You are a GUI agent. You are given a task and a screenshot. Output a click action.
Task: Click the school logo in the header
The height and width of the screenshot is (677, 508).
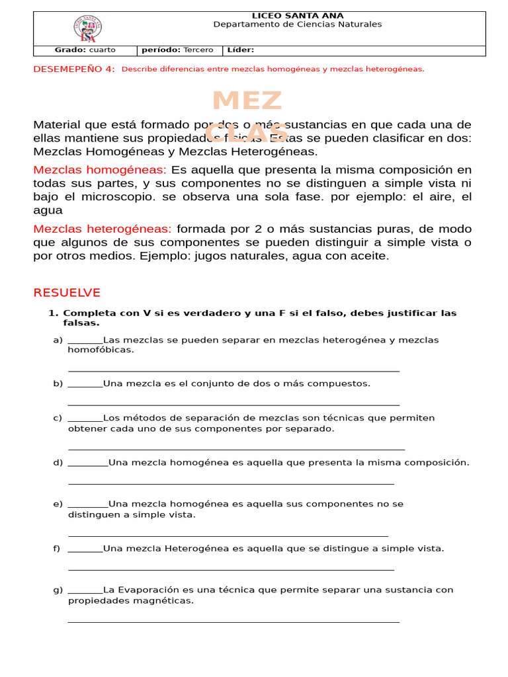pyautogui.click(x=87, y=28)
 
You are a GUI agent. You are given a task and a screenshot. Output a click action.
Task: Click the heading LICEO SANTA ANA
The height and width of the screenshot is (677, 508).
pyautogui.click(x=298, y=15)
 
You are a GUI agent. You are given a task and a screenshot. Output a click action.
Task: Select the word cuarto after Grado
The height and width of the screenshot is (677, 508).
pyautogui.click(x=102, y=50)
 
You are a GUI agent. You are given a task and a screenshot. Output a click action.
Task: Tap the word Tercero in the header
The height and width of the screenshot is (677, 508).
pyautogui.click(x=198, y=50)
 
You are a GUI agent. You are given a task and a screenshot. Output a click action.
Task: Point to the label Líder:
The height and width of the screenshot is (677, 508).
pyautogui.click(x=240, y=50)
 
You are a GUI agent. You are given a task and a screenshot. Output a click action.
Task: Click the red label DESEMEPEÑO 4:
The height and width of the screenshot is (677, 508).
pyautogui.click(x=73, y=69)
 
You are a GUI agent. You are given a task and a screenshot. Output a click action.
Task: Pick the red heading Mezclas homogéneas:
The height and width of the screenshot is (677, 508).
pyautogui.click(x=100, y=170)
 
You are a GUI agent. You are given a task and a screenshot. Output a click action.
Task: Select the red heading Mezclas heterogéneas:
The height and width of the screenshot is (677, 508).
pyautogui.click(x=103, y=229)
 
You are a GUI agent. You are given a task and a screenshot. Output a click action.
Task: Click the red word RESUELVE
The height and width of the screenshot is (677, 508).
pyautogui.click(x=67, y=292)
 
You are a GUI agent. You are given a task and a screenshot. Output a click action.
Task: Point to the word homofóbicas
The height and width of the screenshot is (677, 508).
pyautogui.click(x=100, y=350)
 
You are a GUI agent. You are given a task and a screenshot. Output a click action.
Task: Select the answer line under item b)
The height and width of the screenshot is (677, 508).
pyautogui.click(x=233, y=404)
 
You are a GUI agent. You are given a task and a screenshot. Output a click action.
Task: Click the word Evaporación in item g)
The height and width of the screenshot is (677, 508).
pyautogui.click(x=149, y=590)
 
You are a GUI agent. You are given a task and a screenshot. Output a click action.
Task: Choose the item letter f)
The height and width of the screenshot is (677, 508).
pyautogui.click(x=57, y=548)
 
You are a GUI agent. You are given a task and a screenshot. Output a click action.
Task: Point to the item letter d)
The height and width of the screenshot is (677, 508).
pyautogui.click(x=58, y=462)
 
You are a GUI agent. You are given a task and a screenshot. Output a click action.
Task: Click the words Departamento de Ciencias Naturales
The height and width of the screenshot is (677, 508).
pyautogui.click(x=298, y=24)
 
